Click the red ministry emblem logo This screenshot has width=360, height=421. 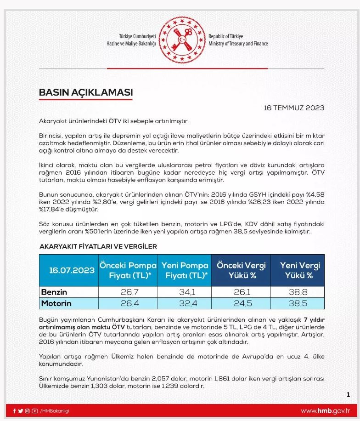pyautogui.click(x=183, y=40)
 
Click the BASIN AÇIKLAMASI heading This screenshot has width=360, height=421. pyautogui.click(x=86, y=92)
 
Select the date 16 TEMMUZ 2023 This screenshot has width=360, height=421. pyautogui.click(x=294, y=108)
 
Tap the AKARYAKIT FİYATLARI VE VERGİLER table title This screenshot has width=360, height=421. pyautogui.click(x=98, y=246)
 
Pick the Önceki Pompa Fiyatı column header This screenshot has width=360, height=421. pyautogui.click(x=127, y=271)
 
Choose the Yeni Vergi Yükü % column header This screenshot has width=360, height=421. pyautogui.click(x=298, y=271)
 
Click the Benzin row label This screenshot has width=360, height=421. pyautogui.click(x=54, y=292)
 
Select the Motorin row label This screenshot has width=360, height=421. pyautogui.click(x=57, y=303)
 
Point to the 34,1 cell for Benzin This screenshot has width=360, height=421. pyautogui.click(x=185, y=292)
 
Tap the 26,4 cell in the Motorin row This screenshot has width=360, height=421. pyautogui.click(x=127, y=303)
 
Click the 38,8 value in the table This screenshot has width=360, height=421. pyautogui.click(x=298, y=292)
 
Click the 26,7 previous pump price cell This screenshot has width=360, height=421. pyautogui.click(x=127, y=292)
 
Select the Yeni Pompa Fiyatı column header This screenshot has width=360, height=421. pyautogui.click(x=185, y=271)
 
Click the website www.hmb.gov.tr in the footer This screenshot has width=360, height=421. pyautogui.click(x=325, y=411)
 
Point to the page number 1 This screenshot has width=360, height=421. pyautogui.click(x=349, y=394)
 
